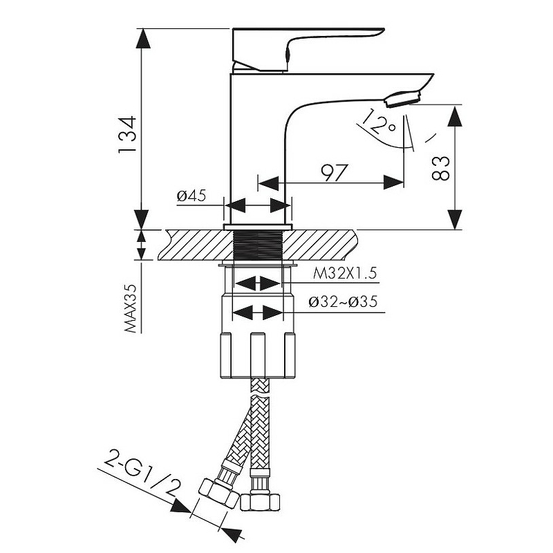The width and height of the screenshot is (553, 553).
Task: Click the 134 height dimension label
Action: (x=127, y=134)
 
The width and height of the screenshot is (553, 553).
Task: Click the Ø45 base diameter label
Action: (x=191, y=196)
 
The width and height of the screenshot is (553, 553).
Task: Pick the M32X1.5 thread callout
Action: (x=345, y=273)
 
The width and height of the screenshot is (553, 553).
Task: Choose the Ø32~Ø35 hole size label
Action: (x=343, y=302)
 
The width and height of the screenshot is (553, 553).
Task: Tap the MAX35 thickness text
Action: (x=131, y=308)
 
